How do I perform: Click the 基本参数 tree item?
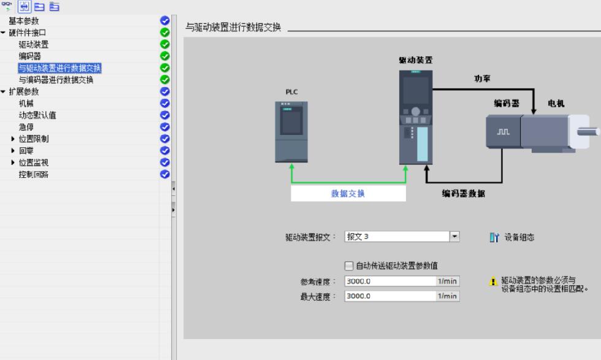pos(24,21)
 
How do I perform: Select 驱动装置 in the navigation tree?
pos(34,45)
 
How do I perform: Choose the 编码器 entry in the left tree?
pos(30,56)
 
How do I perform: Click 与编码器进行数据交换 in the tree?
pos(56,80)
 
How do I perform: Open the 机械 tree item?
pos(26,104)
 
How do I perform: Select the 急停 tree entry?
pos(26,127)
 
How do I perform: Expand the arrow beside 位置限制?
pos(13,139)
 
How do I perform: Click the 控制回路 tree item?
pos(34,174)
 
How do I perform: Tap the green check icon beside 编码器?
pos(165,56)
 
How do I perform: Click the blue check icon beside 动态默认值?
pos(165,115)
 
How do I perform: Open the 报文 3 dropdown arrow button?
pos(454,237)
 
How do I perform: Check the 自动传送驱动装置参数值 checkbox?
pos(349,266)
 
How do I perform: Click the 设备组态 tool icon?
pos(494,237)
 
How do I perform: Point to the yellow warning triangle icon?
pos(493,281)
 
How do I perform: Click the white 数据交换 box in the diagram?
pos(348,193)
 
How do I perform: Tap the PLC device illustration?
pos(291,132)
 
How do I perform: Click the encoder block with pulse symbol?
pos(503,131)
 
